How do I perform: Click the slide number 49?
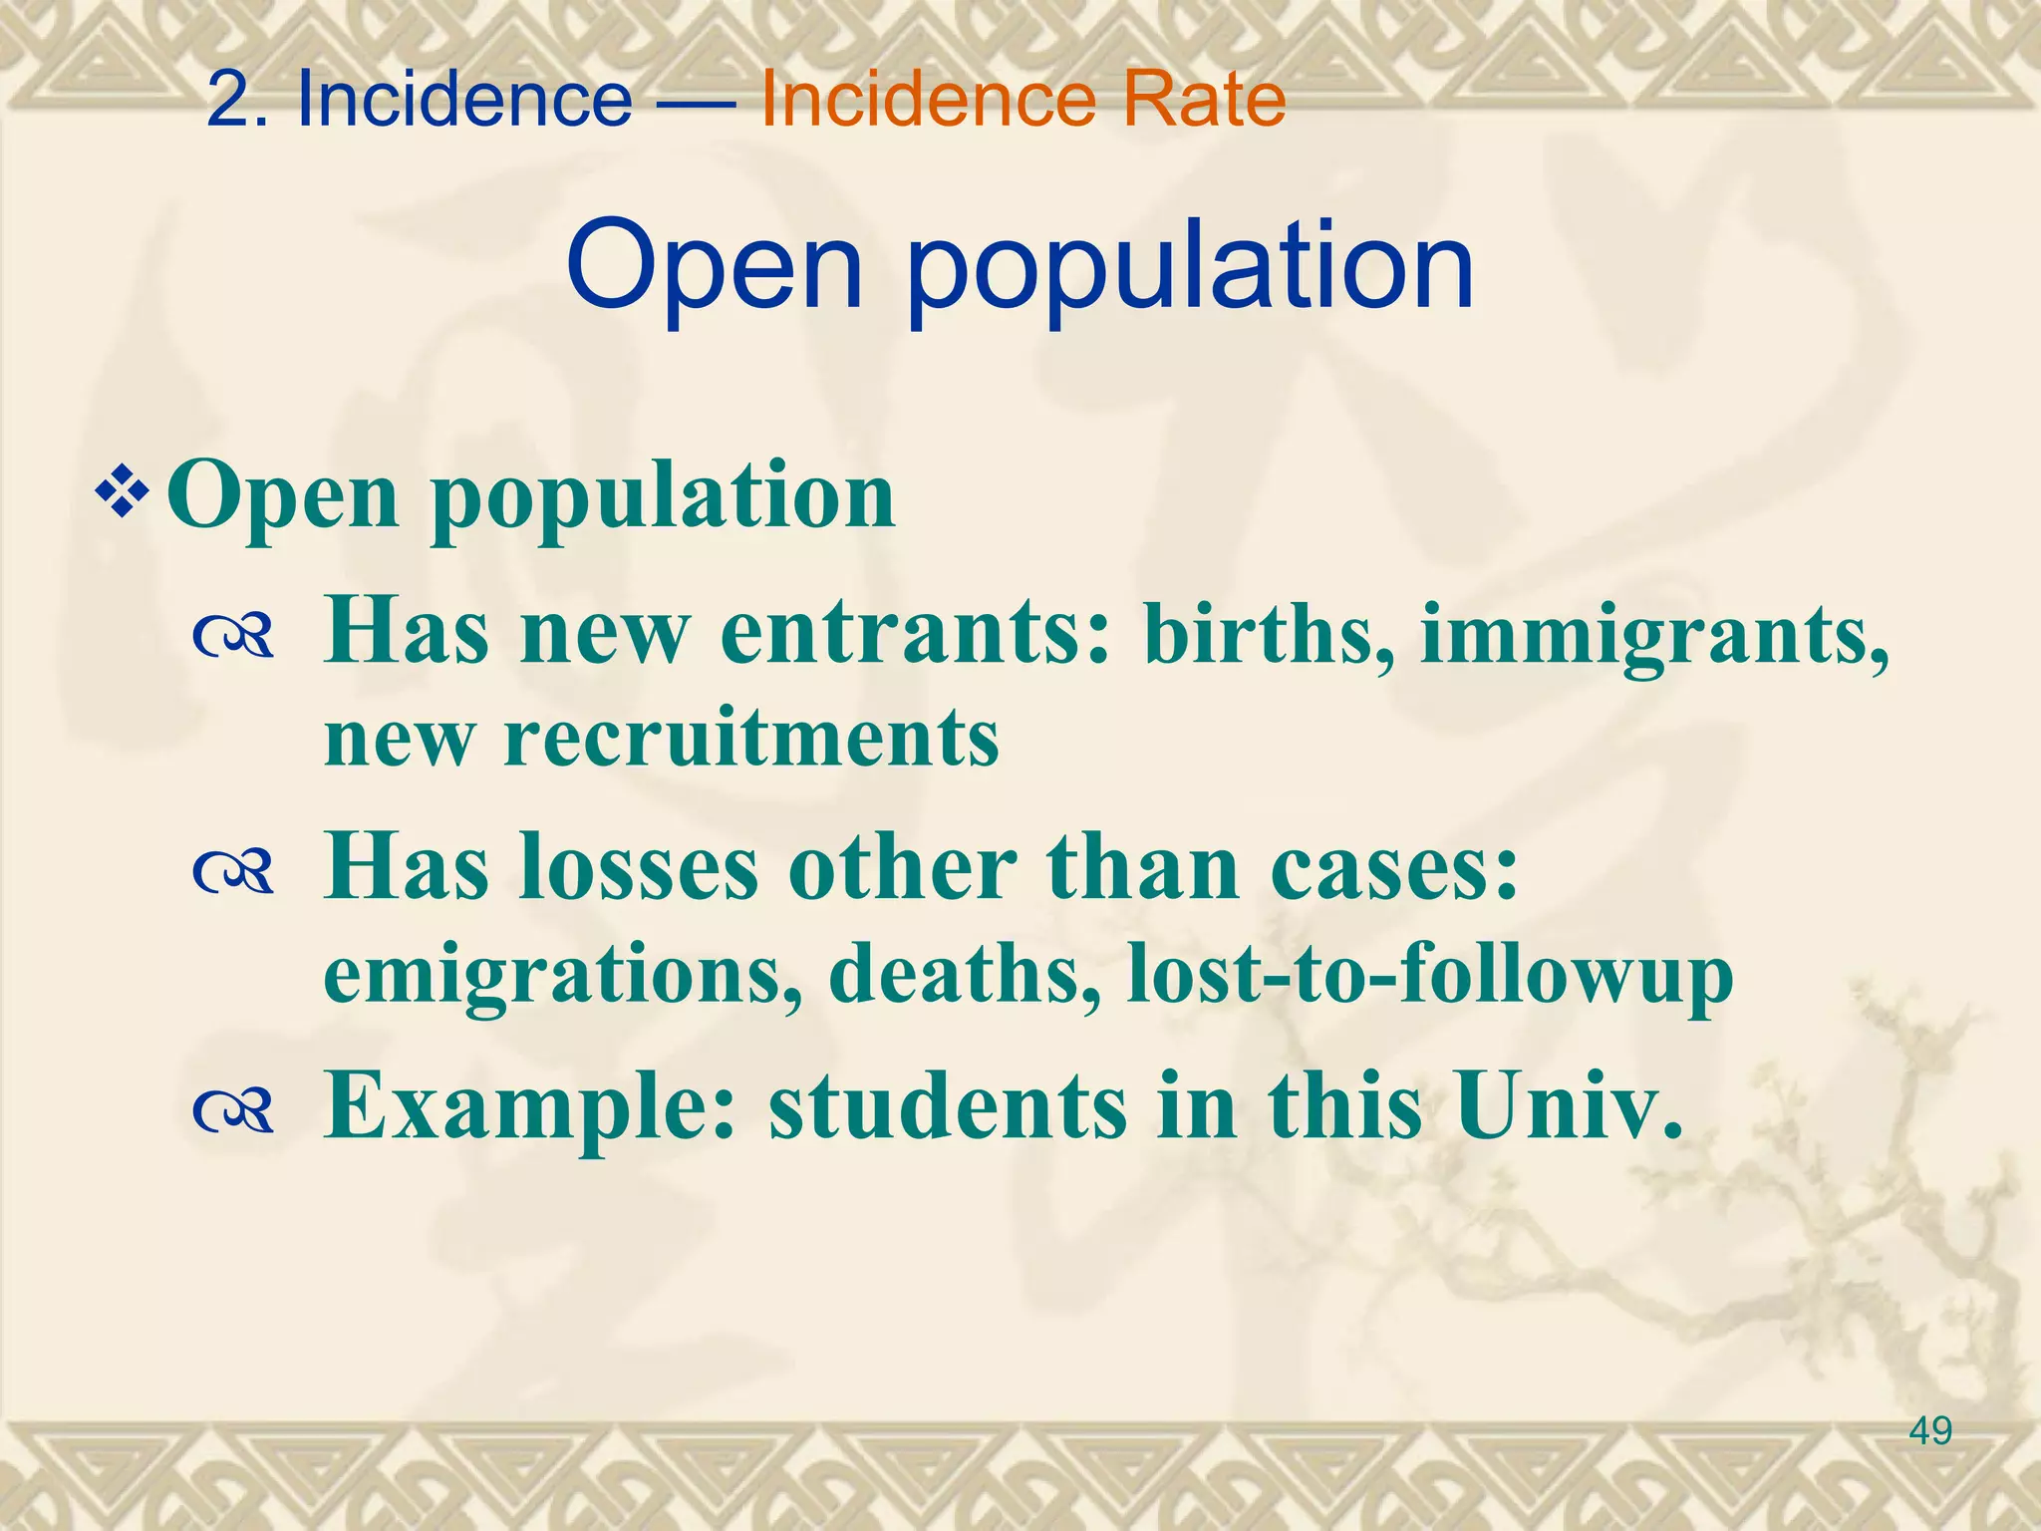tap(1930, 1431)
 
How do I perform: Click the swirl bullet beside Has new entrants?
tap(234, 638)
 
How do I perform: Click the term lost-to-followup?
tap(1430, 975)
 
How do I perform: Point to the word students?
tap(947, 1106)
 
